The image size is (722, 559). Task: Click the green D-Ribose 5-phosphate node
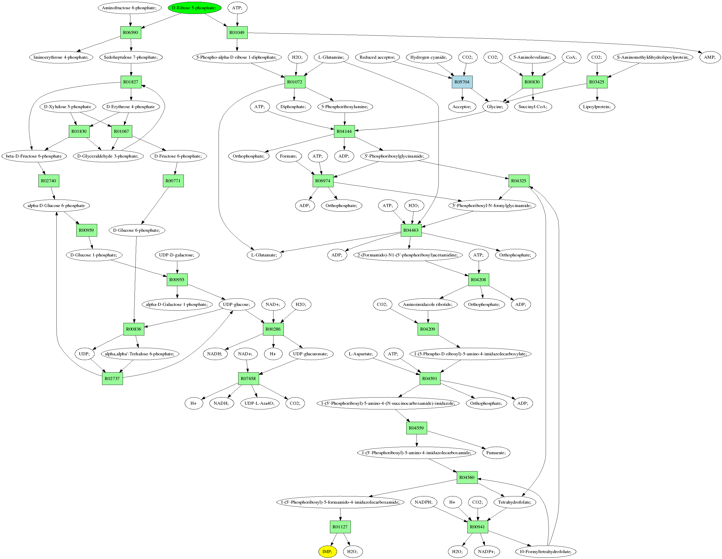click(194, 7)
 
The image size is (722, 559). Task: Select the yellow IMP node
click(327, 552)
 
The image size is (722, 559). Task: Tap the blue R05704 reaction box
click(462, 82)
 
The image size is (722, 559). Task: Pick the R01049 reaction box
click(237, 32)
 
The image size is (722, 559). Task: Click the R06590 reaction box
click(131, 32)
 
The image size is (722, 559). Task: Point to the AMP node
click(709, 57)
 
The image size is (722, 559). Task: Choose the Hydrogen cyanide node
click(428, 57)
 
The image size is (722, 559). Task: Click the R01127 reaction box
click(340, 527)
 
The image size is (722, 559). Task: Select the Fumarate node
click(496, 453)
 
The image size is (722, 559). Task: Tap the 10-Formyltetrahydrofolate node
click(545, 552)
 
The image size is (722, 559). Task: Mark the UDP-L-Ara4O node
click(260, 403)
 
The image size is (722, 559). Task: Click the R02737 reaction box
click(112, 379)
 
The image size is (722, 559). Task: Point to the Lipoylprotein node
click(597, 107)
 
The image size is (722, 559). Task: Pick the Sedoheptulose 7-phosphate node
click(131, 57)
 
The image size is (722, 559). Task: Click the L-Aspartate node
click(361, 354)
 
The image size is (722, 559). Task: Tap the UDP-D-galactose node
click(177, 255)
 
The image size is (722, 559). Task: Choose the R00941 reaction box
click(477, 527)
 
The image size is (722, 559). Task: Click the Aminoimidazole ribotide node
click(428, 304)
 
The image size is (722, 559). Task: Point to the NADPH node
click(424, 502)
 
